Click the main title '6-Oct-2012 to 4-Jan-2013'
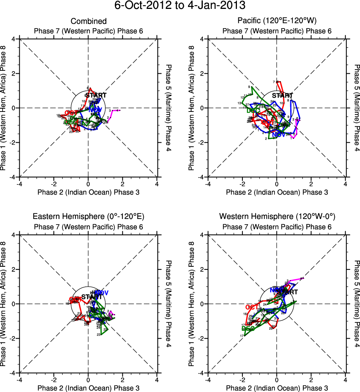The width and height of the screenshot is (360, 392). (x=180, y=6)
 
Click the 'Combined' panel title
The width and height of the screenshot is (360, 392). (x=89, y=21)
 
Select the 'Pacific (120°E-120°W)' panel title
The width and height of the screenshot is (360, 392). (x=277, y=21)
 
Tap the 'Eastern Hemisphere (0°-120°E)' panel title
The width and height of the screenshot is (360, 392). (x=89, y=217)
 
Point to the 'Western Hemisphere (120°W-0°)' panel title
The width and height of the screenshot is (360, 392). (x=277, y=217)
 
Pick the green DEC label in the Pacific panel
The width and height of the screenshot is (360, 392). (x=253, y=110)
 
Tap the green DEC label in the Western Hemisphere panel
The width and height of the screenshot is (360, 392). (x=248, y=328)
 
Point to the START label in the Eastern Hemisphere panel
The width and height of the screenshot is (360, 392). (x=91, y=297)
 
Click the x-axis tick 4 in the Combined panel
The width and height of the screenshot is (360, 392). (x=157, y=183)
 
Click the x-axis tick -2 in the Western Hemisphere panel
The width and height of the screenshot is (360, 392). (x=242, y=379)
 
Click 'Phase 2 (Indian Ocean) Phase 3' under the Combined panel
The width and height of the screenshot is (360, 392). (x=89, y=192)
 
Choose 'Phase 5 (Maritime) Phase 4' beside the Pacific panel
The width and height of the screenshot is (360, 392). (x=356, y=108)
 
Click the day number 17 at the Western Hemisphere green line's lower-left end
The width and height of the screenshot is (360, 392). (x=242, y=336)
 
